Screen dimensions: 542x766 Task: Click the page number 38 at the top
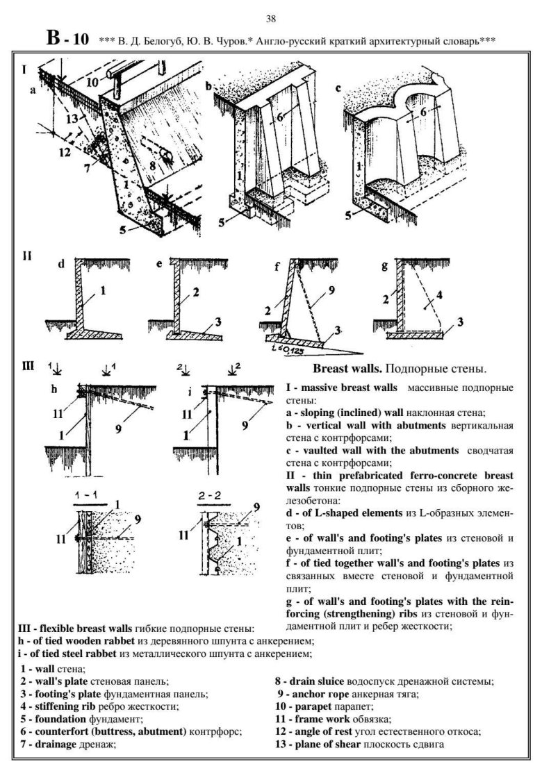click(271, 19)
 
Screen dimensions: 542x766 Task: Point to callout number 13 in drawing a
click(72, 118)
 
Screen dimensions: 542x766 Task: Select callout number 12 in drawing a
click(65, 152)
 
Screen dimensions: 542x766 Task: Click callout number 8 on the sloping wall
click(152, 165)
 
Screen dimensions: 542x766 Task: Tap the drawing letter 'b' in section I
click(208, 87)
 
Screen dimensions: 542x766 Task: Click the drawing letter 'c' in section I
click(338, 88)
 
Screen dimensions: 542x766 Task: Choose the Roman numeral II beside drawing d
click(27, 256)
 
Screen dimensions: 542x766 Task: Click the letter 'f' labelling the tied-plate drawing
click(277, 267)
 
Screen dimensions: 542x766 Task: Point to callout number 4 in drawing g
click(439, 294)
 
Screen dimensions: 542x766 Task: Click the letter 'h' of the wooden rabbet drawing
click(54, 390)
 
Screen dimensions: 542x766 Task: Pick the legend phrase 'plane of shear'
click(327, 744)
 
